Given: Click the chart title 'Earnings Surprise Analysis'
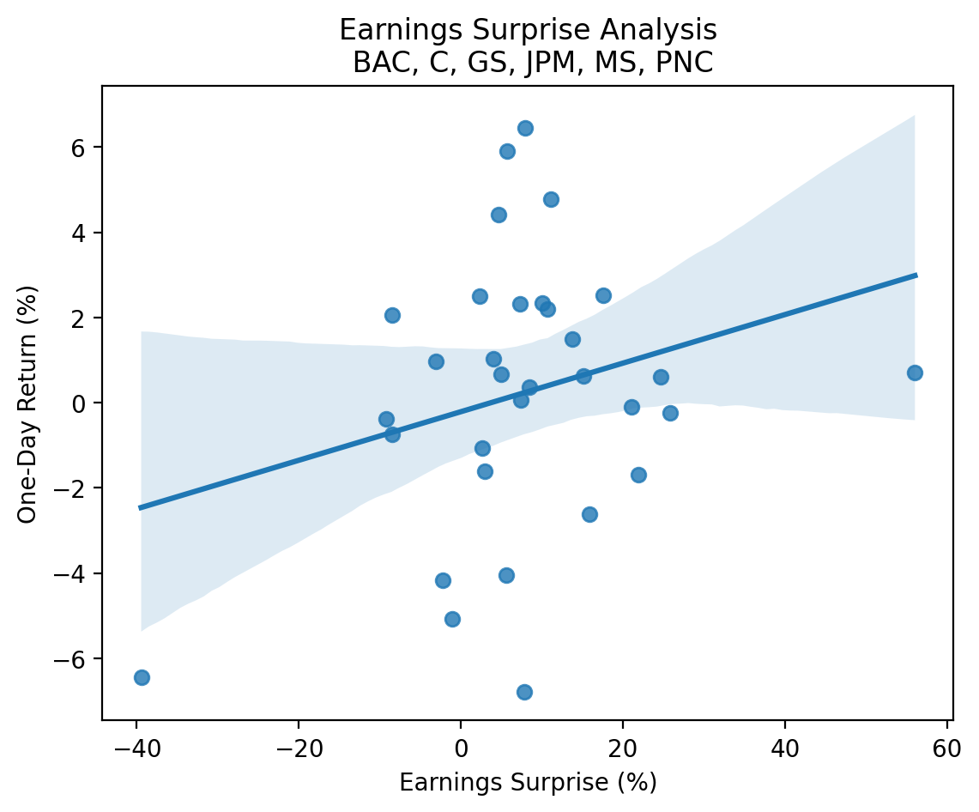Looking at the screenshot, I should click(x=528, y=30).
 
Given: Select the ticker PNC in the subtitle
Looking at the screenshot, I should click(x=686, y=63).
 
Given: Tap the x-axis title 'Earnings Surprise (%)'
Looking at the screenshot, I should click(x=528, y=783).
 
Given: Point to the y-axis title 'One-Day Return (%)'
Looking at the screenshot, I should click(x=27, y=403).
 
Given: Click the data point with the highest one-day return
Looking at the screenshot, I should click(x=525, y=128).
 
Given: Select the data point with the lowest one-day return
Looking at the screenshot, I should click(x=524, y=692).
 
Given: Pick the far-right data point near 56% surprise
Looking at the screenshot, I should click(x=915, y=373).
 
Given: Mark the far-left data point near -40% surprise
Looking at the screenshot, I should click(x=142, y=677).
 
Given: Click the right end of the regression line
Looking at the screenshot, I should click(x=916, y=276).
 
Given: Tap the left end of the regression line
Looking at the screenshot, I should click(x=141, y=507).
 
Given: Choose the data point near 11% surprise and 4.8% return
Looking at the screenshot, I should click(x=551, y=199).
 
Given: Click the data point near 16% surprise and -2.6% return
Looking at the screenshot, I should click(x=589, y=514).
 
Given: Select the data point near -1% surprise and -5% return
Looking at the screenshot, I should click(x=452, y=619).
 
